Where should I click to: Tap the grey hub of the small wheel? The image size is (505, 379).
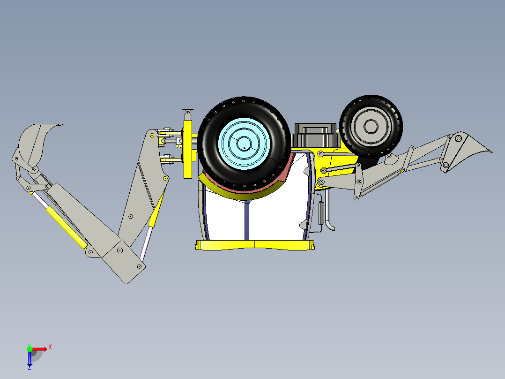pos(371,126)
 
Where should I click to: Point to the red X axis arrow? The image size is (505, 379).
pos(40,349)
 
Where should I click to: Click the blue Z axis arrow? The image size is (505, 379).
pos(30,358)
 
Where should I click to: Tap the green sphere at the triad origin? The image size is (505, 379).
pos(30,349)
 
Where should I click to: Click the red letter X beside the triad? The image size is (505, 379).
pos(50,347)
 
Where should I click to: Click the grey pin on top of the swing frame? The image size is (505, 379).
pos(188,113)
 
